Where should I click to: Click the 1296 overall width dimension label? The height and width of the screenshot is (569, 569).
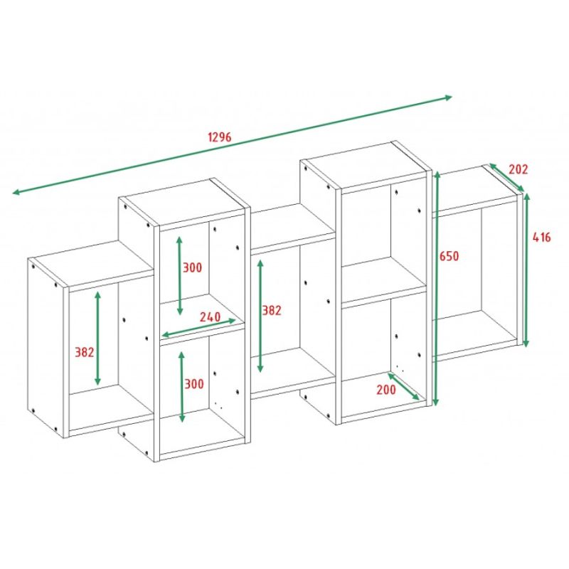click(220, 137)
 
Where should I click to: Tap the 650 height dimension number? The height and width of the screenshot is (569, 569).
click(450, 256)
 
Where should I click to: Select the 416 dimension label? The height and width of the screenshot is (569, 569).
click(541, 238)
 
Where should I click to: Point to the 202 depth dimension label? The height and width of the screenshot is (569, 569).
click(519, 169)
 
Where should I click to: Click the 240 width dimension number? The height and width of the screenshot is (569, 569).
click(210, 317)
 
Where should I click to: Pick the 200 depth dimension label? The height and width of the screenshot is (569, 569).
click(386, 390)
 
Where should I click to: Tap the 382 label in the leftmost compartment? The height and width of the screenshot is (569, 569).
click(84, 352)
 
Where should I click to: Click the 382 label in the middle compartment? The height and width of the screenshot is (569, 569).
click(272, 310)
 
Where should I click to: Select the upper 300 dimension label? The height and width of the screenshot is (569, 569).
click(192, 268)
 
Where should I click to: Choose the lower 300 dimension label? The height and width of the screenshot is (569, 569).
click(194, 384)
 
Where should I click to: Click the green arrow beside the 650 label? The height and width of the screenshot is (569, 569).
click(437, 289)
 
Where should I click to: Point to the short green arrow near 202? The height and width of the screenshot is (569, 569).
click(506, 177)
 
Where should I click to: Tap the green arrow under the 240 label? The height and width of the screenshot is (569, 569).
click(198, 328)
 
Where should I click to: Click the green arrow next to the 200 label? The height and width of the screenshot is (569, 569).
click(403, 386)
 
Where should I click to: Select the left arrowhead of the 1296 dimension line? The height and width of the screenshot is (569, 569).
click(16, 191)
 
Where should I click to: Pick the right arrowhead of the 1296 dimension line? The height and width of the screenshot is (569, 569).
click(448, 97)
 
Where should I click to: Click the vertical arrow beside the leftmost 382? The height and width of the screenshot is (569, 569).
click(97, 339)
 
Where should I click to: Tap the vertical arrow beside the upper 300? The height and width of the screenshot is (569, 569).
click(179, 275)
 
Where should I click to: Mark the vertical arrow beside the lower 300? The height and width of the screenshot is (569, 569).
click(182, 387)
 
